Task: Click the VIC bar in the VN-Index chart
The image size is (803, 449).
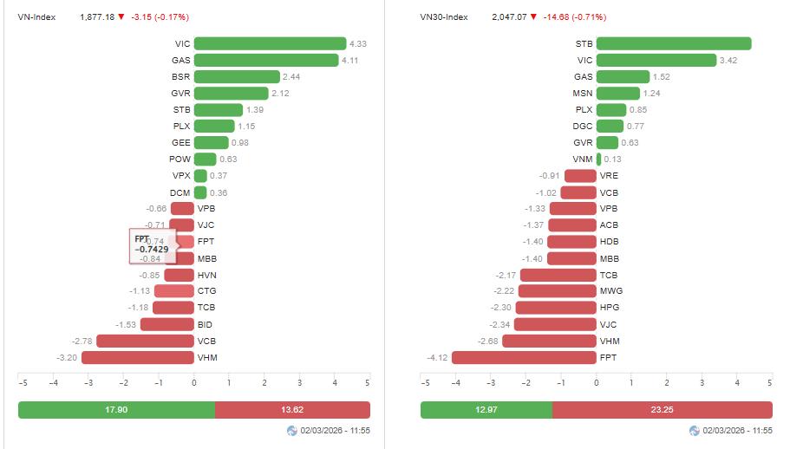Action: click(x=270, y=43)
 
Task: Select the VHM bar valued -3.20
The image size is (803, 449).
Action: click(x=137, y=357)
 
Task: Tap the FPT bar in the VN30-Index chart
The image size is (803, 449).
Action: click(x=524, y=357)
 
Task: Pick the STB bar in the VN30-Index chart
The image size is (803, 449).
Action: click(x=673, y=43)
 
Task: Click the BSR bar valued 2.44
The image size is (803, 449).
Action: click(x=237, y=76)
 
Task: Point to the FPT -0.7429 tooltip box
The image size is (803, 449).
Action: click(x=153, y=244)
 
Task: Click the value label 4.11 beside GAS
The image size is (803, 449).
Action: click(x=349, y=60)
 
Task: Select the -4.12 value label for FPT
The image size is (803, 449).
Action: click(x=437, y=357)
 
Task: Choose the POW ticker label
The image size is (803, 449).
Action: click(x=180, y=159)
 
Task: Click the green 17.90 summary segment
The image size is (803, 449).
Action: click(x=116, y=410)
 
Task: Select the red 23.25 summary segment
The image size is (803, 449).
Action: click(x=662, y=410)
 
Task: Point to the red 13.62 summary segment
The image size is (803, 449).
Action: click(x=292, y=410)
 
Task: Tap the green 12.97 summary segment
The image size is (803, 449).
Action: click(x=486, y=410)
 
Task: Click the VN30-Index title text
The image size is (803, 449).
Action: click(x=443, y=16)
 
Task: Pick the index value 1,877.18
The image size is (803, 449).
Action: click(x=96, y=16)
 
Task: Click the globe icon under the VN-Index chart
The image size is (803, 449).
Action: click(x=292, y=431)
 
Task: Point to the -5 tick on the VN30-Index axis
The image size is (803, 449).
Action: click(x=425, y=382)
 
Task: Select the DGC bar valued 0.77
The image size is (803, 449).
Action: click(x=610, y=127)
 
